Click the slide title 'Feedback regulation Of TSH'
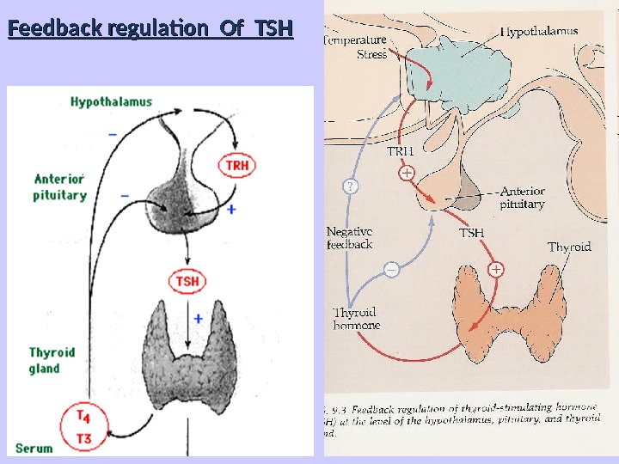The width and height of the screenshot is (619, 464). click(x=150, y=31)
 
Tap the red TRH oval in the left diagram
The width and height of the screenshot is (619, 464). click(x=236, y=165)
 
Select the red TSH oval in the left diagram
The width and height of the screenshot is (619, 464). click(x=187, y=281)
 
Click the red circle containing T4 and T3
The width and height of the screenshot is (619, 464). click(x=83, y=427)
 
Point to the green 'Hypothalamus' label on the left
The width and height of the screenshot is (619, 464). click(x=111, y=101)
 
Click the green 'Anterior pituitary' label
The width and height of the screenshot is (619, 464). click(x=60, y=187)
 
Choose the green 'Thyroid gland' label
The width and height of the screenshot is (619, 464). click(x=52, y=360)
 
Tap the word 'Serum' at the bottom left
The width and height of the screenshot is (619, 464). click(x=34, y=448)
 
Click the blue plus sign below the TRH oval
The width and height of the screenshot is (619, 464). click(x=230, y=209)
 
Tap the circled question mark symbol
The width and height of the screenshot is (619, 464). click(x=351, y=186)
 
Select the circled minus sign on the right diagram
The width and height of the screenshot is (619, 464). click(x=391, y=270)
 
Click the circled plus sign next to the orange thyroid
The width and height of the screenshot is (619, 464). click(x=496, y=270)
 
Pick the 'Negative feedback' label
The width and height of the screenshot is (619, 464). click(x=350, y=238)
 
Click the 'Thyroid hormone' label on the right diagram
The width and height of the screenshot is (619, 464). click(x=357, y=319)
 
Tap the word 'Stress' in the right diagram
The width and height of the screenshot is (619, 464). click(x=372, y=54)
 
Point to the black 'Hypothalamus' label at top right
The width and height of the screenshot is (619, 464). click(x=539, y=32)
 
